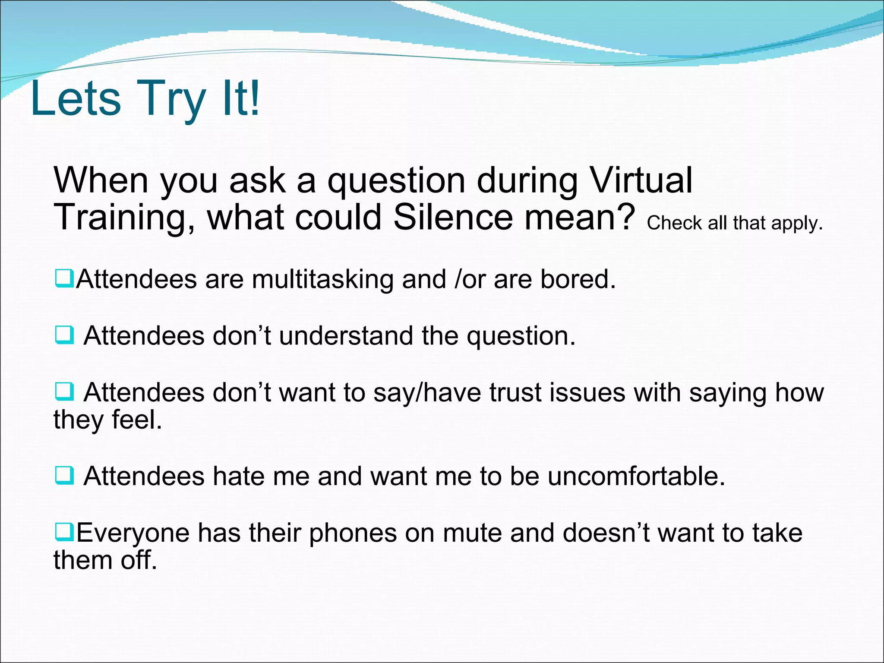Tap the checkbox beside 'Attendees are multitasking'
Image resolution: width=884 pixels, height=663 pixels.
coord(65,278)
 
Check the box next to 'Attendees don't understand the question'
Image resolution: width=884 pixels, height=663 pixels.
coord(65,335)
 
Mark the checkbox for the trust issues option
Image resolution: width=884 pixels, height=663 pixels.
coord(65,391)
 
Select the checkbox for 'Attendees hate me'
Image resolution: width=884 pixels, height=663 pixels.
coord(65,476)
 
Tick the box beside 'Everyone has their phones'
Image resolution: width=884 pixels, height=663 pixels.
coord(65,532)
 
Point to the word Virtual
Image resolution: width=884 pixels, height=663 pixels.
coord(641,180)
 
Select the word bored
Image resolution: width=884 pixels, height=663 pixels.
coord(578,279)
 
